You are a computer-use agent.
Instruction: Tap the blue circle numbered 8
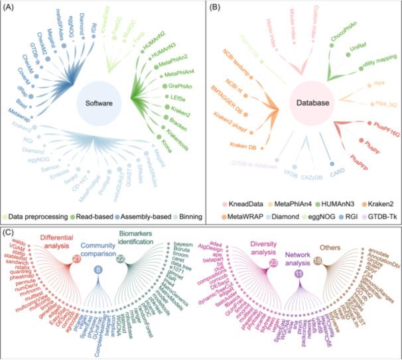(x=98, y=269)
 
